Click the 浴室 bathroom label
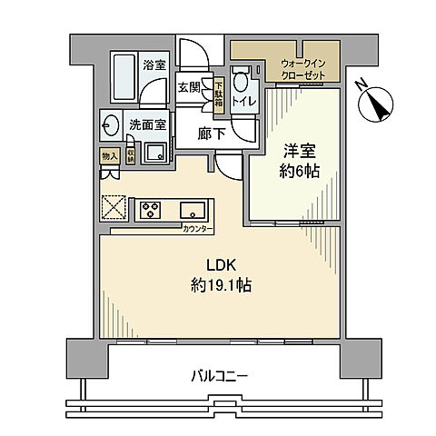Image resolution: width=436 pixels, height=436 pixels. point(154,64)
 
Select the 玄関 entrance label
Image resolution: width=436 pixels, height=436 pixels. point(189,88)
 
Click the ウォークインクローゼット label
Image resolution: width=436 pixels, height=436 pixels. point(303,67)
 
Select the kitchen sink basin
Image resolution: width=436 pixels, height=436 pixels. point(193,210)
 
